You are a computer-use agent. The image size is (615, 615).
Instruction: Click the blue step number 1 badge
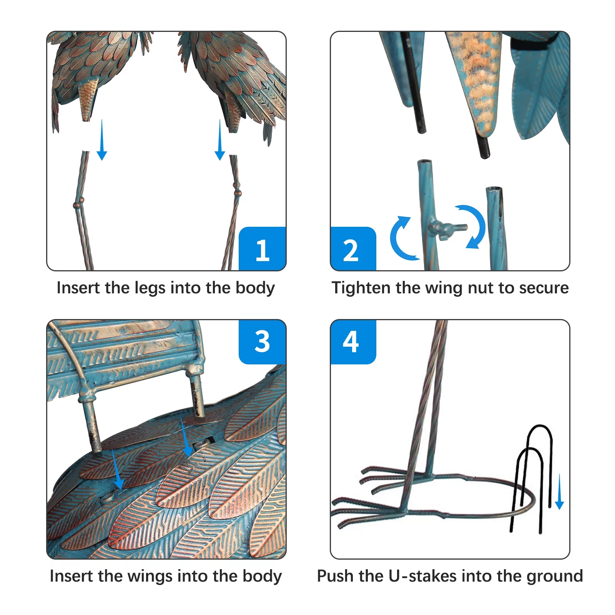pos(263,249)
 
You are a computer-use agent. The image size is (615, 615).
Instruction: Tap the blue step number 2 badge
pos(353,249)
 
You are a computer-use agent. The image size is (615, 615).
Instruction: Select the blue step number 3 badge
pos(263,342)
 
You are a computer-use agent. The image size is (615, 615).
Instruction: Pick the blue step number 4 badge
pos(353,342)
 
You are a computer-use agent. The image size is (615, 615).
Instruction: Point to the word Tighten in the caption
pos(361,288)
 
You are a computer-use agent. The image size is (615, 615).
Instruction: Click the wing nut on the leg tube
pos(446,228)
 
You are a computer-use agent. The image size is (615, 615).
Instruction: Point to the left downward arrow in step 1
pos(102,140)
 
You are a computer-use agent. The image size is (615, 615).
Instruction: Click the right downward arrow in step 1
pos(220,140)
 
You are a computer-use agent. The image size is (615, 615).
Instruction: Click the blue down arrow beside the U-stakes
pos(560,492)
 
